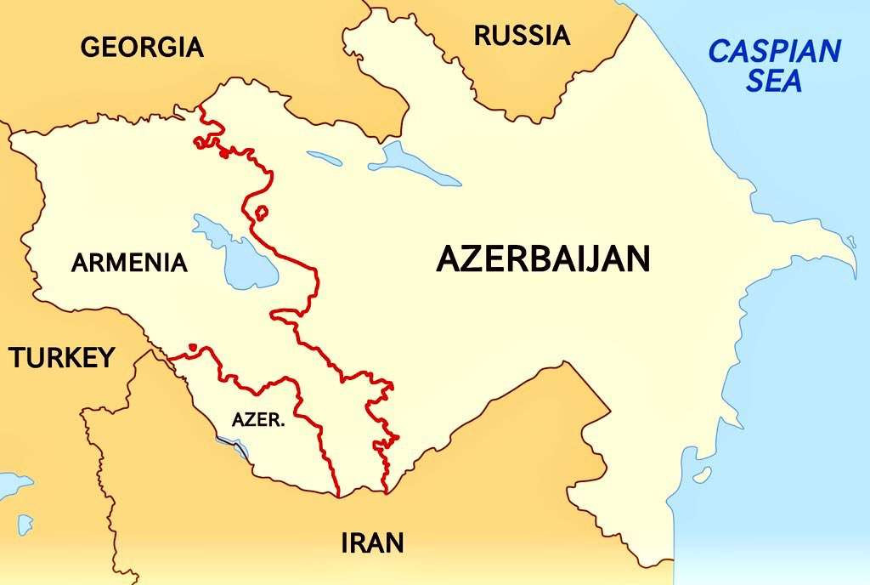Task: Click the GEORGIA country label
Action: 142,47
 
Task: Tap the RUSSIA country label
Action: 521,36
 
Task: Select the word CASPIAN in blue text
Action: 774,52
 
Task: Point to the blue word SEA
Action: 774,82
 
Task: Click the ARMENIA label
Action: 129,263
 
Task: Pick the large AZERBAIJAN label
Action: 543,259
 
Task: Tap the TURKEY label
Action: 61,358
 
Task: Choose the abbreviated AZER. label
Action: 258,420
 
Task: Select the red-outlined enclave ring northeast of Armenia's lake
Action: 262,211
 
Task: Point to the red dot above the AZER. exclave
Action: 193,347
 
